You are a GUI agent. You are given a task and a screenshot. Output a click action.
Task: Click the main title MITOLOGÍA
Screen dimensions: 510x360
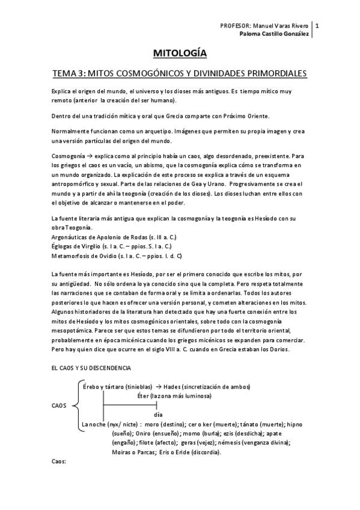coord(180,54)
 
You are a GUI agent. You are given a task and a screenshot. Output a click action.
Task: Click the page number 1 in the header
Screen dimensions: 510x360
coord(317,26)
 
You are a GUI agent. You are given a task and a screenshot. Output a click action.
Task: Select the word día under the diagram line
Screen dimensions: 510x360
coord(159,415)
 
